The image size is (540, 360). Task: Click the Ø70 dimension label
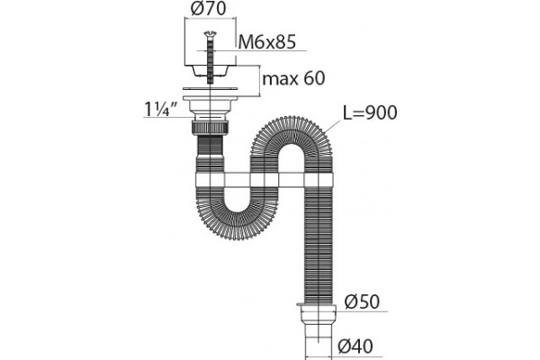pos(209,9)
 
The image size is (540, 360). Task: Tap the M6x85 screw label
pos(267,42)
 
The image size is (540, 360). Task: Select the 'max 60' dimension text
pos(293,78)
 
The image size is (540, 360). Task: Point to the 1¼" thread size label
pos(160,110)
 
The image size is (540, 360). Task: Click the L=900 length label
pos(370,112)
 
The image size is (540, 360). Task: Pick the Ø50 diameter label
pos(362,301)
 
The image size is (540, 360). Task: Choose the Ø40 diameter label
pos(355,346)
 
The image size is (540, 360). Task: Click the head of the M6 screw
pos(210,33)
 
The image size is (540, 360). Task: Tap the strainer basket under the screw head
pos(210,70)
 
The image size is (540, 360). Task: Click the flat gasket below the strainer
pos(210,88)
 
